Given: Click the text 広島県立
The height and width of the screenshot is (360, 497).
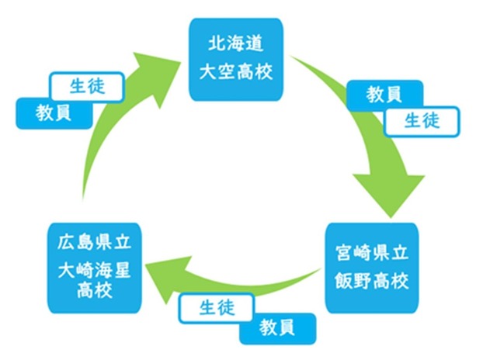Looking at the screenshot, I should point(94,240).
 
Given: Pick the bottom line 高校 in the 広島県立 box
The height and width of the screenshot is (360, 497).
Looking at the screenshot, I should point(94,291).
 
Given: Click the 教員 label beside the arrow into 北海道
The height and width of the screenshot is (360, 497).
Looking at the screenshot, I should point(54,113).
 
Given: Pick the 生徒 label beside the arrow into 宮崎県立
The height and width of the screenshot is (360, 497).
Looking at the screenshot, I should point(422,120).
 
